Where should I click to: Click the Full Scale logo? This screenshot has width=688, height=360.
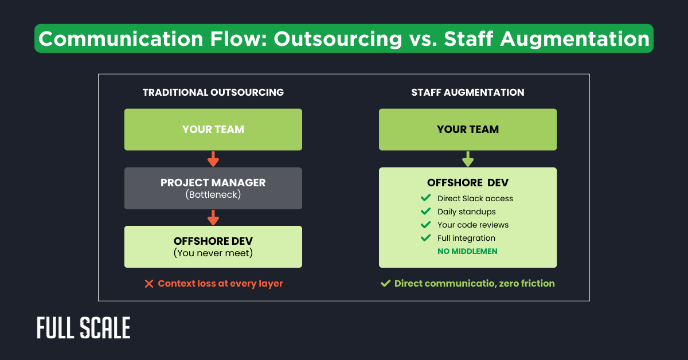tap(84, 328)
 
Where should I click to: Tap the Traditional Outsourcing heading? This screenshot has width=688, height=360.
tap(213, 92)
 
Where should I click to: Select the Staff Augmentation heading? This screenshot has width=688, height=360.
tap(468, 92)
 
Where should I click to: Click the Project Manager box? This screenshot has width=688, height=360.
tap(213, 188)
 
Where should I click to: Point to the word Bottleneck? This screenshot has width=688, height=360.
tap(213, 195)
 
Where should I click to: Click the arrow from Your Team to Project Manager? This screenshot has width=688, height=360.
tap(213, 159)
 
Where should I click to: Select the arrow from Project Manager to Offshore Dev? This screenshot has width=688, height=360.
tap(213, 217)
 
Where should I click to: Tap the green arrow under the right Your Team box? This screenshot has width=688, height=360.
tap(468, 159)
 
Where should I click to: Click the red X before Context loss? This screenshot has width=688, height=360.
tap(149, 284)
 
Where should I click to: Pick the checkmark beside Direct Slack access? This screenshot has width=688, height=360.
tap(425, 198)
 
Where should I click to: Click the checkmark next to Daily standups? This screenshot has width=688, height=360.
tap(425, 212)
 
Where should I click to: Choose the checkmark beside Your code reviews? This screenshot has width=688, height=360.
tap(425, 225)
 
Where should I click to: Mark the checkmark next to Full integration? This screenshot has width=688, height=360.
tap(425, 238)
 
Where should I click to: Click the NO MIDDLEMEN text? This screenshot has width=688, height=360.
tap(467, 251)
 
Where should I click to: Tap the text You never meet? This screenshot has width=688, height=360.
tap(213, 253)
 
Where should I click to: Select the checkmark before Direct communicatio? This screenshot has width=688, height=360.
tap(386, 283)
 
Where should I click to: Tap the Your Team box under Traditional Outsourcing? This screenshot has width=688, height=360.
tap(213, 130)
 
